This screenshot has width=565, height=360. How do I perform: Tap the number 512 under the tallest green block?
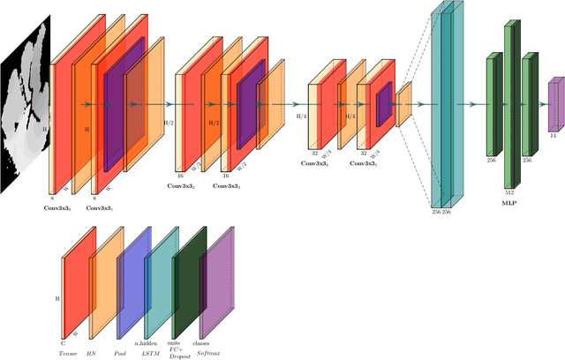pyautogui.click(x=509, y=191)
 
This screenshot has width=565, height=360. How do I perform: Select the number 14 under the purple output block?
pyautogui.click(x=553, y=136)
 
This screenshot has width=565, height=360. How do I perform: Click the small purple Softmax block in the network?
pyautogui.click(x=555, y=104)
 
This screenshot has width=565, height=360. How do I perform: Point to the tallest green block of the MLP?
pyautogui.click(x=509, y=104)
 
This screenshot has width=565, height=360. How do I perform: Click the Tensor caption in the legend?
pyautogui.click(x=68, y=350)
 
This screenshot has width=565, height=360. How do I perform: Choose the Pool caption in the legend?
pyautogui.click(x=122, y=350)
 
